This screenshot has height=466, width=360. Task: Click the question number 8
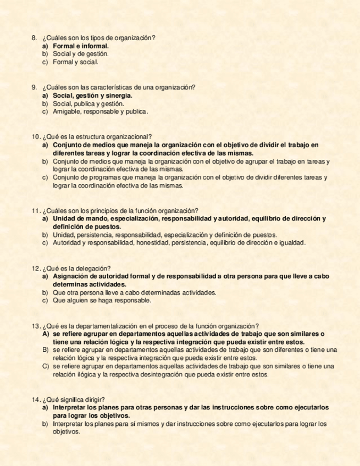35,38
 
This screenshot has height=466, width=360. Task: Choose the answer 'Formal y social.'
76,63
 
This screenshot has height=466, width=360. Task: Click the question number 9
35,87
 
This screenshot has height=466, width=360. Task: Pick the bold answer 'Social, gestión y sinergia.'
92,96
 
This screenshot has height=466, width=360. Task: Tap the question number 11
35,210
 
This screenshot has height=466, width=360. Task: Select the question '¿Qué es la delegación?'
76,268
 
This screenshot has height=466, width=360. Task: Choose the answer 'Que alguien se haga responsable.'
102,301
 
